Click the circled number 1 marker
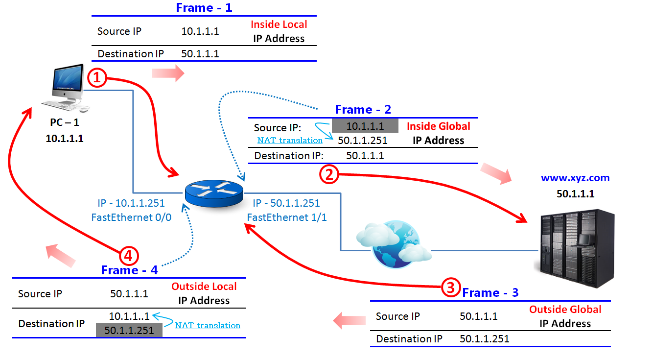(x=97, y=78)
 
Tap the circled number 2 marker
(x=329, y=174)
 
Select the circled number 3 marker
(x=451, y=287)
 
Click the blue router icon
(x=213, y=192)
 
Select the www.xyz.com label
(x=575, y=178)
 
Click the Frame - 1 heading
(x=204, y=8)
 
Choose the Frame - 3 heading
(x=490, y=293)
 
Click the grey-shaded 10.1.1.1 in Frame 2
(x=365, y=126)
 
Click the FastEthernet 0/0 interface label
(x=131, y=217)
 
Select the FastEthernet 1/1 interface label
(x=286, y=217)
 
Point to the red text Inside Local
(x=279, y=24)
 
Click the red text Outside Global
(x=565, y=310)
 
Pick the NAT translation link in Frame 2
(x=290, y=141)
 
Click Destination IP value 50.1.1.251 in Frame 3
(x=484, y=339)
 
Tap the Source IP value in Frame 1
(x=200, y=31)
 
